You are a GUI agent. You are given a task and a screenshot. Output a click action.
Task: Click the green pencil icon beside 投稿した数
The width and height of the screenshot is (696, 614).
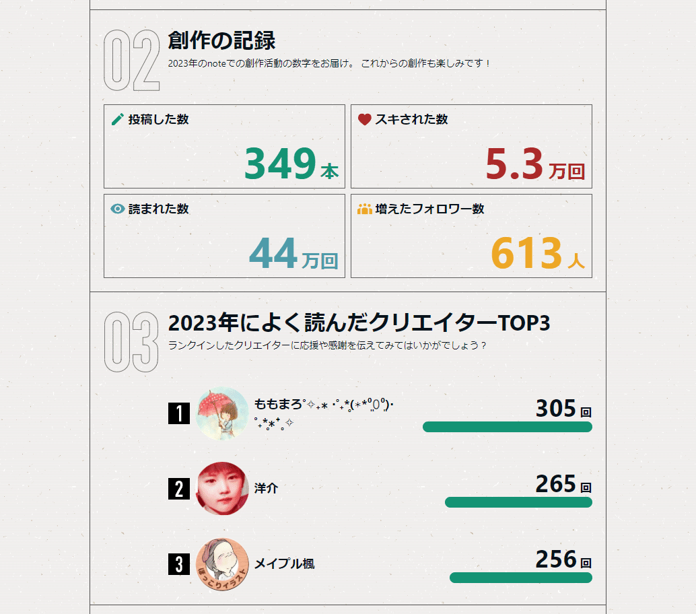[x=118, y=120]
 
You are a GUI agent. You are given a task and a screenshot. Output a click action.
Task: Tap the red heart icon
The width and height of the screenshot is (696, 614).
[x=364, y=120]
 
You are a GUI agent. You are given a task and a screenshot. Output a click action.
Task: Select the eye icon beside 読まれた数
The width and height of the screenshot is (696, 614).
[x=118, y=209]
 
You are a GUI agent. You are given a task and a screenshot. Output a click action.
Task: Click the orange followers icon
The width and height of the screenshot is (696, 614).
[x=364, y=209]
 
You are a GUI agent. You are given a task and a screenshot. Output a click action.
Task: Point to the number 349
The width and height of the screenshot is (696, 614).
[x=280, y=164]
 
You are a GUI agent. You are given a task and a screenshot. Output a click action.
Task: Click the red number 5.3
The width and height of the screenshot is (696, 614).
[x=514, y=164]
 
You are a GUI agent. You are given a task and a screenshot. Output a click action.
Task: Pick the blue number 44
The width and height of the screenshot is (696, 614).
[x=273, y=253]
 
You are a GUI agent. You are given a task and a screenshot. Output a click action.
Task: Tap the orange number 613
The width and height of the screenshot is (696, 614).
[x=526, y=253]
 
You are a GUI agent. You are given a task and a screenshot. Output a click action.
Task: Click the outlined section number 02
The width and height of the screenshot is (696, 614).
[x=132, y=62]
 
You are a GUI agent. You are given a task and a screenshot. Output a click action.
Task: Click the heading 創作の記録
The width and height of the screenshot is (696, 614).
[x=221, y=41]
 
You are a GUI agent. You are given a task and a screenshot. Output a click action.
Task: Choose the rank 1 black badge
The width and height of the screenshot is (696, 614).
[x=178, y=413]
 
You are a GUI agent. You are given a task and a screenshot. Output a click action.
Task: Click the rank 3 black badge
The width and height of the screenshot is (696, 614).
[x=178, y=564]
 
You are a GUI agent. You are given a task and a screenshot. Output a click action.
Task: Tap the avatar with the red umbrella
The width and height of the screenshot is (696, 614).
[x=222, y=413]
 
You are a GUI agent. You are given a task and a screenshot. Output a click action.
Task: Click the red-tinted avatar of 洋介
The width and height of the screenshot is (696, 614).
[x=222, y=488]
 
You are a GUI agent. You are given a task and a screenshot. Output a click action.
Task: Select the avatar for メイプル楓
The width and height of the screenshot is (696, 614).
[x=222, y=564]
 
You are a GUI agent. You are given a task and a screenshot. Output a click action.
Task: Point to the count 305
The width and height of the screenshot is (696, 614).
[x=556, y=409]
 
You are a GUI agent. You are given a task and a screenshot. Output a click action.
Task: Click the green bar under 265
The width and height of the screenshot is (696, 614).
[x=518, y=502]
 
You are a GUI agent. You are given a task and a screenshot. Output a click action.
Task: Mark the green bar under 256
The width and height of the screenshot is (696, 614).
[x=520, y=578]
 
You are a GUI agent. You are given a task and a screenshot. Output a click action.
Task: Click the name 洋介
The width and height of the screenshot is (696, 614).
[x=266, y=489]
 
